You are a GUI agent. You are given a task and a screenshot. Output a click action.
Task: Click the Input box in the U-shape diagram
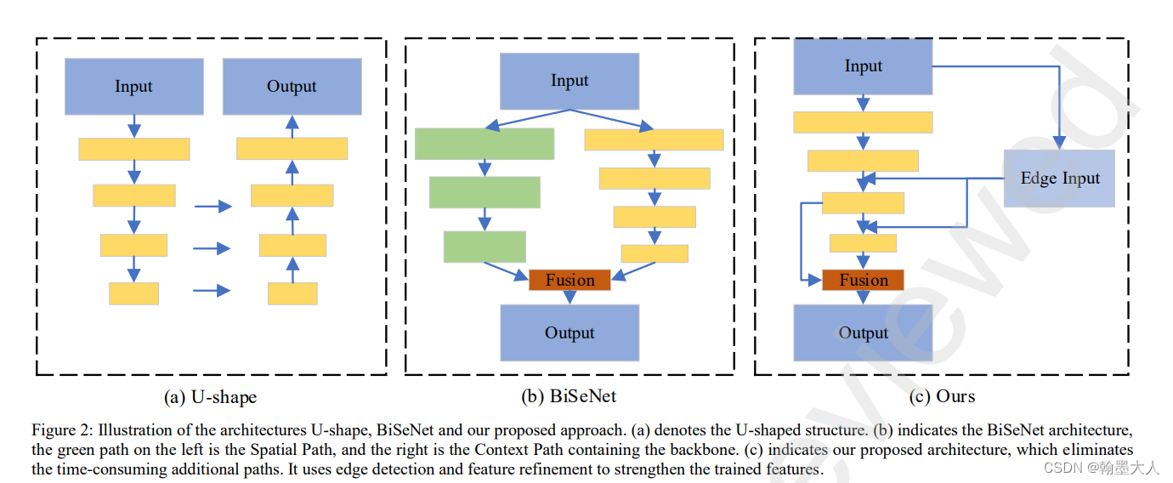[133, 86]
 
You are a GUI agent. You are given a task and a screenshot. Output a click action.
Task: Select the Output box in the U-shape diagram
[292, 86]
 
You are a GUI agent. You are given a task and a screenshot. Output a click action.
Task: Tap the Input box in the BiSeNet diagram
[569, 81]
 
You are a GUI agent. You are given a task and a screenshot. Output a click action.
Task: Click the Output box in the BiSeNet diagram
[569, 332]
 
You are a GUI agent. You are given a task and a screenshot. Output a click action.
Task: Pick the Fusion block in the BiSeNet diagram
[569, 280]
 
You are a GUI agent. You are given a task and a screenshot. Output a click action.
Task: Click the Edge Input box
[1059, 179]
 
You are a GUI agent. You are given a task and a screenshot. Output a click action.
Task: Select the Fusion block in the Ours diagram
[863, 280]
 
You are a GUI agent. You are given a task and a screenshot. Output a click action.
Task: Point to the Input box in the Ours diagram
[863, 66]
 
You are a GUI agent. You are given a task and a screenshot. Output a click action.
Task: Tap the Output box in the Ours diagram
[863, 332]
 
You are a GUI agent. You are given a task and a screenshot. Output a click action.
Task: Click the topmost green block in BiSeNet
[484, 144]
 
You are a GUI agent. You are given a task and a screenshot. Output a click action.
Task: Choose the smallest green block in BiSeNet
[484, 246]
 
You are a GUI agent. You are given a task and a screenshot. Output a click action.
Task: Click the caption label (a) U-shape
[210, 396]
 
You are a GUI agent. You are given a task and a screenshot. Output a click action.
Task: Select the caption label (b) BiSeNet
[569, 396]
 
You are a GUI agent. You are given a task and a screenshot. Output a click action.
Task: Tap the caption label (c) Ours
[942, 396]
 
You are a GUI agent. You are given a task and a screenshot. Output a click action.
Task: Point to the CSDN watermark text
[1101, 468]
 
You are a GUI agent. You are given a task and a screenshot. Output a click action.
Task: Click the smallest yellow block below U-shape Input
[133, 293]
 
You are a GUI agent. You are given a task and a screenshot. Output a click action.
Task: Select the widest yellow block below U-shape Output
[292, 149]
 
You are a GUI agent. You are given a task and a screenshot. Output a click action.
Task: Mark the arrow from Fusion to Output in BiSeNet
[569, 298]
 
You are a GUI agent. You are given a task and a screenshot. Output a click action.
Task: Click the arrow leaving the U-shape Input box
[133, 126]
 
